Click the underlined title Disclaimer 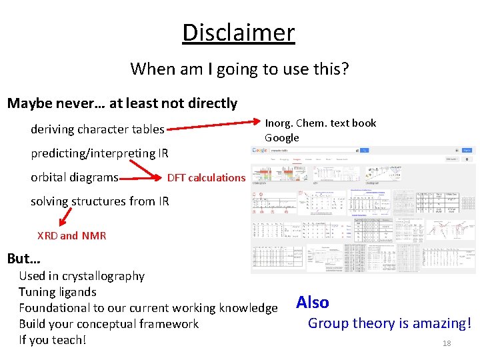click(x=239, y=33)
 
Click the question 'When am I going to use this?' click(x=239, y=69)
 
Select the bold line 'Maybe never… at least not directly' click(x=122, y=103)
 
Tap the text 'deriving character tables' click(x=97, y=129)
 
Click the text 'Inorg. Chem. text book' click(x=321, y=123)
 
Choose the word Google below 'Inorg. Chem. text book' click(x=282, y=138)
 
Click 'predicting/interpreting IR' click(x=99, y=153)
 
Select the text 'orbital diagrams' click(x=75, y=177)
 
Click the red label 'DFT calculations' click(x=206, y=177)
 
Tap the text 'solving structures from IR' click(x=100, y=201)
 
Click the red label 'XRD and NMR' click(x=71, y=235)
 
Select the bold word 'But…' click(x=24, y=259)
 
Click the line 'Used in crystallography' click(x=81, y=276)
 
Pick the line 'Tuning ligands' click(x=57, y=292)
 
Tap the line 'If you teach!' click(x=53, y=340)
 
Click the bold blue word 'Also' click(x=313, y=303)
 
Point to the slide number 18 click(x=447, y=343)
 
